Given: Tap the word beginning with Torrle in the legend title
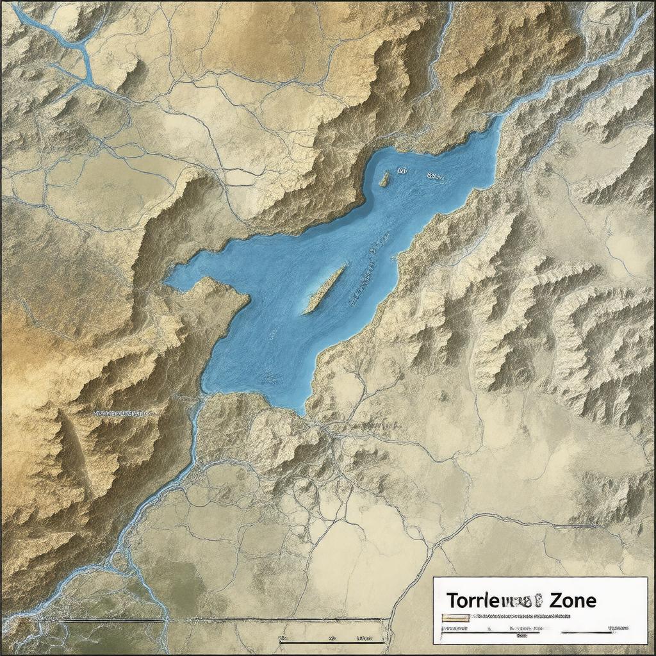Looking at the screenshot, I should pyautogui.click(x=490, y=600).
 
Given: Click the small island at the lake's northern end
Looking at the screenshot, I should pyautogui.click(x=384, y=179).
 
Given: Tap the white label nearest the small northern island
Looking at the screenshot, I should pyautogui.click(x=402, y=171).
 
